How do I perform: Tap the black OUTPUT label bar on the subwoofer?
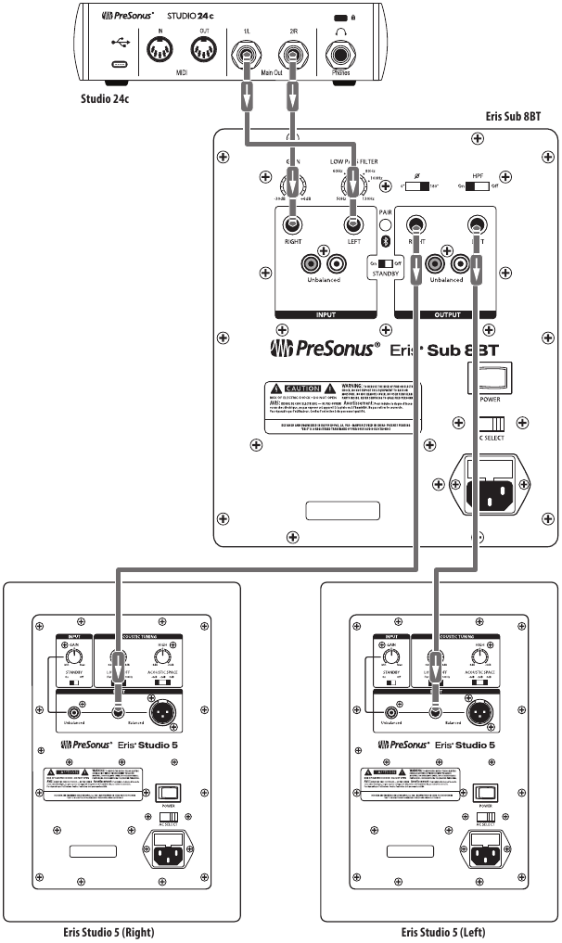pos(447,315)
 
